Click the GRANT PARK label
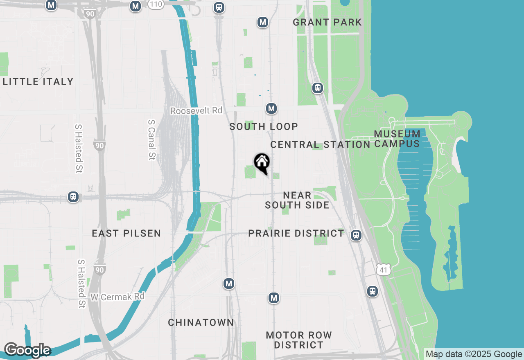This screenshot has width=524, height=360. (x=327, y=22)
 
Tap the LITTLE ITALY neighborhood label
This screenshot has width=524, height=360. (x=38, y=81)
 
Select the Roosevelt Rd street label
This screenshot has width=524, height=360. (x=196, y=111)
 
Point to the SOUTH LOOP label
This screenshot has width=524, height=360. (x=264, y=126)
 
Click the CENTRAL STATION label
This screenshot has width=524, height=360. (x=320, y=144)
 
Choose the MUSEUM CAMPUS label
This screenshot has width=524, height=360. (x=397, y=139)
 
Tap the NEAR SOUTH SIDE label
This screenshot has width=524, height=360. (x=297, y=200)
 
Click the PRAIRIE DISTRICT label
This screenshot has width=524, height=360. (x=296, y=233)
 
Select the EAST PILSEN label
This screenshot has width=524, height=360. (x=126, y=233)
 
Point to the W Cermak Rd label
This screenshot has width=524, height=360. (x=117, y=296)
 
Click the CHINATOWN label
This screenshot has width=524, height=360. (x=201, y=322)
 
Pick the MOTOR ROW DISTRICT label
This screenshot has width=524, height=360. (x=299, y=340)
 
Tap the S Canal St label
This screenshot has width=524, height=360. (x=152, y=140)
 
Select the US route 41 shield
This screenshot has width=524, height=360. (x=383, y=269)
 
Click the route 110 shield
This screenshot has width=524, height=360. (x=156, y=4)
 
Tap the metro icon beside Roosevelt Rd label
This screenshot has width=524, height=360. (x=271, y=108)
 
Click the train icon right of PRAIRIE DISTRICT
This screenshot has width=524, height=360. (x=356, y=235)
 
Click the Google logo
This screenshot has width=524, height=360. (x=27, y=350)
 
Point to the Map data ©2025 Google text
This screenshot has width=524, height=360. (x=474, y=354)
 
